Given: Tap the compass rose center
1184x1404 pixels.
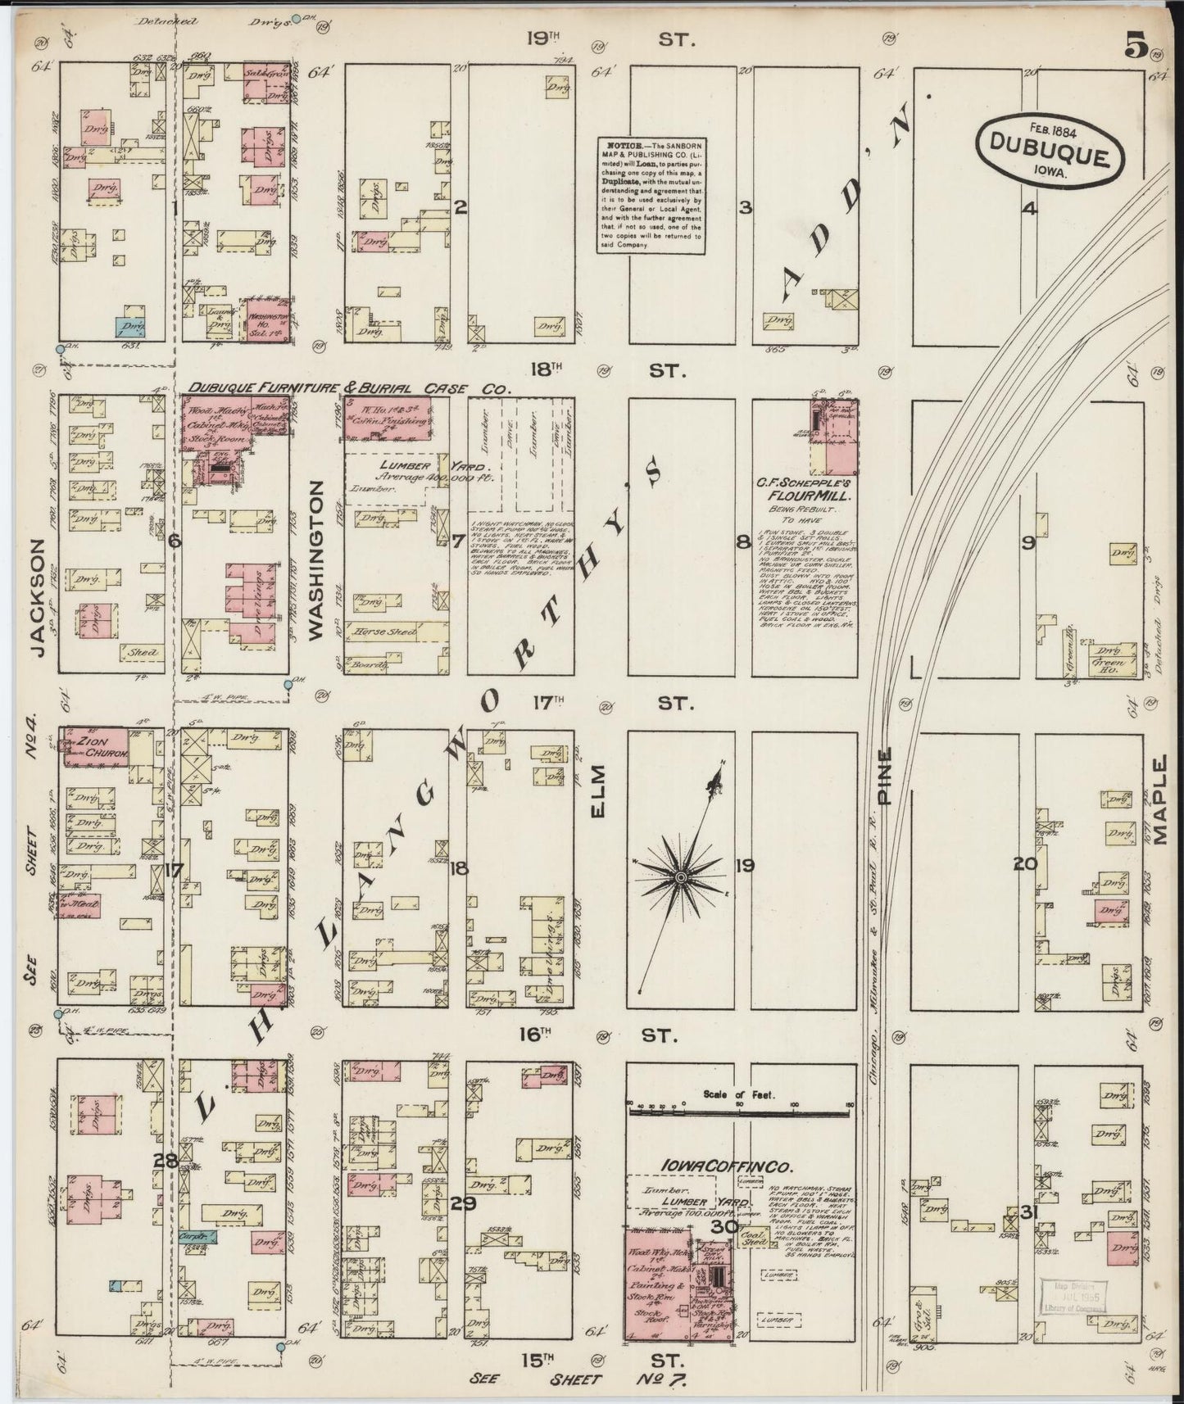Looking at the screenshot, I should [x=679, y=876].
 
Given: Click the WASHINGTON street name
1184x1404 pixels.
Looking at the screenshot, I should [x=318, y=558].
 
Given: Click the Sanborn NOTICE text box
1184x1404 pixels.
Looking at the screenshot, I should [x=650, y=194].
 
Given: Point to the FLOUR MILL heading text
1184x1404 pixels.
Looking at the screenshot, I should [x=805, y=496].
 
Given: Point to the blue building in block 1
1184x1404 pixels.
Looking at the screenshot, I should [x=129, y=328].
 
